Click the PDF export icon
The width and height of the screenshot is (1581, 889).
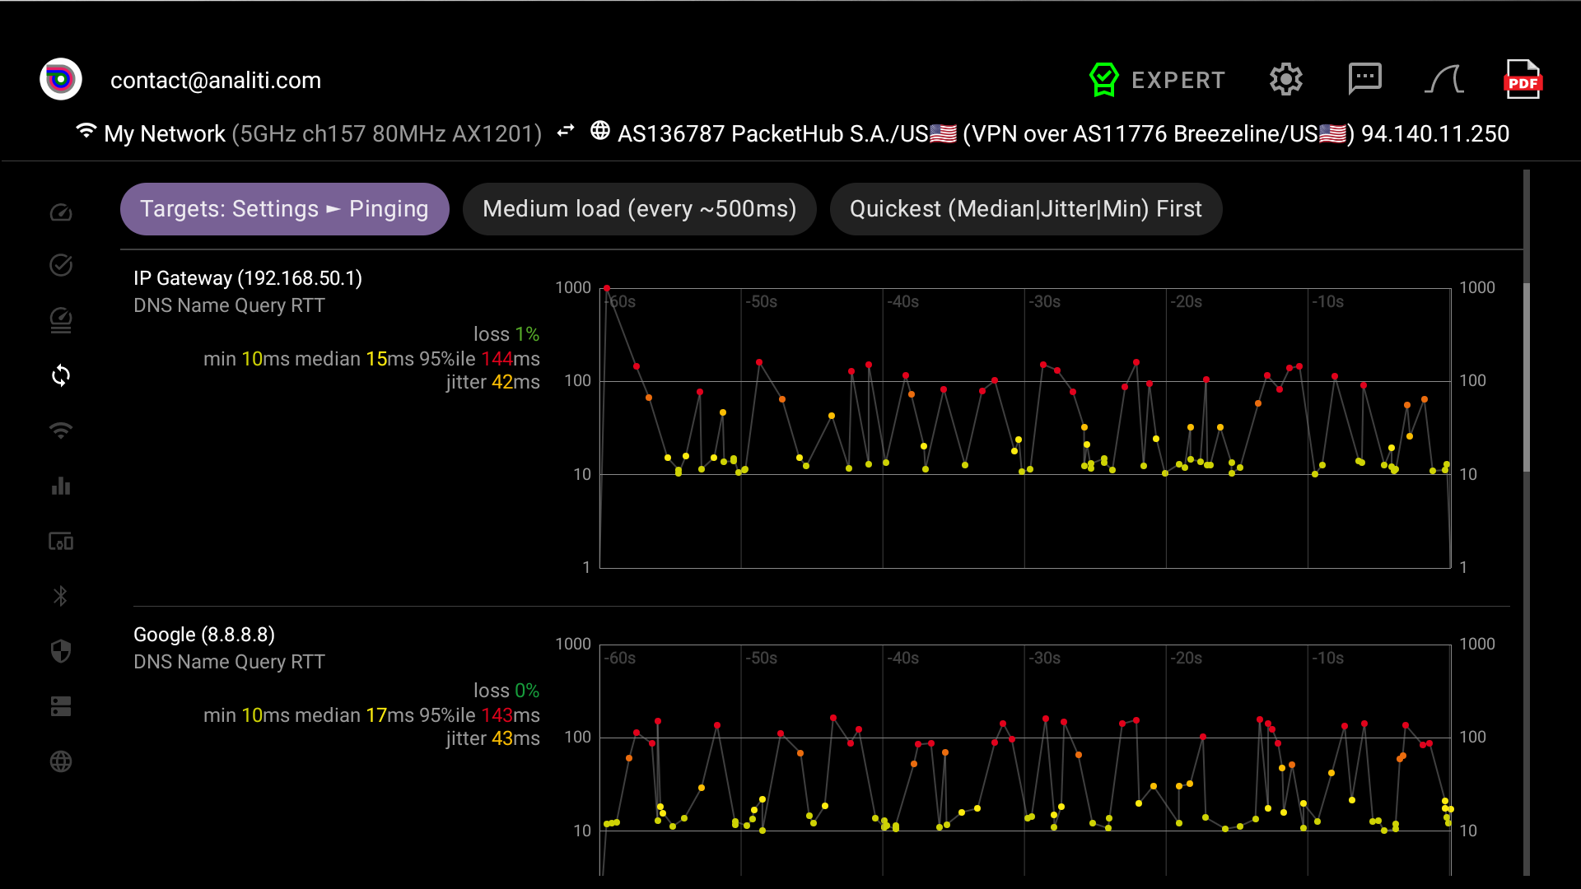click(1523, 80)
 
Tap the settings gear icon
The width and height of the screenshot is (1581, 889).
click(1285, 80)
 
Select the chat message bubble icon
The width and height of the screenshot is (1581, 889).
click(1364, 79)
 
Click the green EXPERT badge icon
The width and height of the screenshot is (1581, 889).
click(1103, 80)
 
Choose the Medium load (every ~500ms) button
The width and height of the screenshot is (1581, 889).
click(640, 209)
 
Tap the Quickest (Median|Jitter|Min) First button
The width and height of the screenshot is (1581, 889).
click(1026, 209)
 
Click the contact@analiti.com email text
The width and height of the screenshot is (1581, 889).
click(216, 81)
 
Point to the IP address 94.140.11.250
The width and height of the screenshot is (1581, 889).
click(1435, 134)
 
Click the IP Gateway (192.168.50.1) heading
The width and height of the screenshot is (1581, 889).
click(248, 278)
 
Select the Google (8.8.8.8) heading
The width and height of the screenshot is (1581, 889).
click(204, 635)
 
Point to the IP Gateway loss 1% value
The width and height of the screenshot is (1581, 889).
click(506, 334)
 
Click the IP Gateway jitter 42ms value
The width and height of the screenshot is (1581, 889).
click(493, 382)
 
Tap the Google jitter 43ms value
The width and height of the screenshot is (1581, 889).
click(493, 738)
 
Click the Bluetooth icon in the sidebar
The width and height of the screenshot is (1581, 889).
click(61, 596)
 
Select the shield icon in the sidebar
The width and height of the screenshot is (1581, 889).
click(61, 651)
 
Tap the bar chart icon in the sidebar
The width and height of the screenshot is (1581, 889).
click(61, 486)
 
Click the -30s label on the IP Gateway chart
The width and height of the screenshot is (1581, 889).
click(1044, 302)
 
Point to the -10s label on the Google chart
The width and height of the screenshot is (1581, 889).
click(1327, 659)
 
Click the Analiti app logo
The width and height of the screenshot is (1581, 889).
click(61, 80)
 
